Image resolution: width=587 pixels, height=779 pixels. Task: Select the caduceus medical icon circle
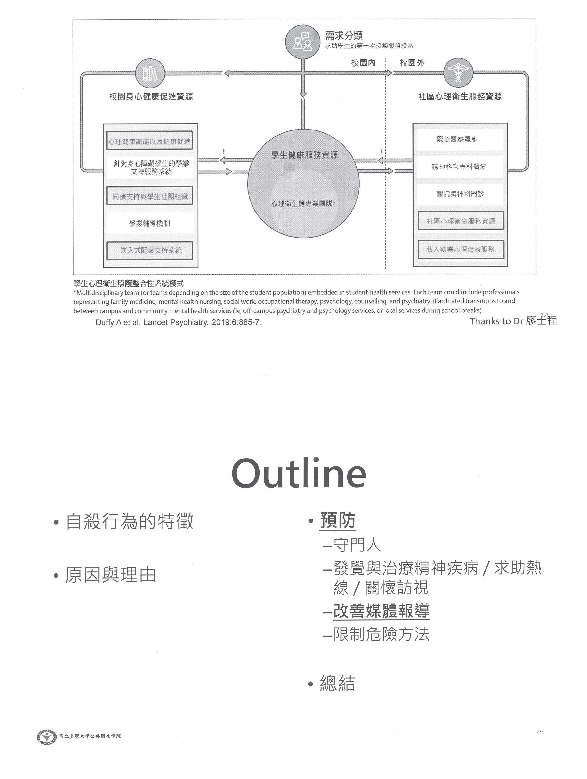pyautogui.click(x=458, y=73)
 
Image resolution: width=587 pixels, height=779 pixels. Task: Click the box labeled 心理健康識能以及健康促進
pyautogui.click(x=149, y=141)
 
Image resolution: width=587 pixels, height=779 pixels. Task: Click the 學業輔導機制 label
pyautogui.click(x=149, y=223)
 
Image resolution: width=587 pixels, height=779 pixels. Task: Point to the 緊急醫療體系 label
pyautogui.click(x=457, y=139)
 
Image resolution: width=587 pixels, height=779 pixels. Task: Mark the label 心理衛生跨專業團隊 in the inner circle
pyautogui.click(x=303, y=203)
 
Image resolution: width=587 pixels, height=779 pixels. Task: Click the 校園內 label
pyautogui.click(x=363, y=63)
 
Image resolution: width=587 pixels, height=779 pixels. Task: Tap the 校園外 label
pyautogui.click(x=412, y=63)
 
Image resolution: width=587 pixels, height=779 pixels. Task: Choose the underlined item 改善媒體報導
pyautogui.click(x=381, y=611)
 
